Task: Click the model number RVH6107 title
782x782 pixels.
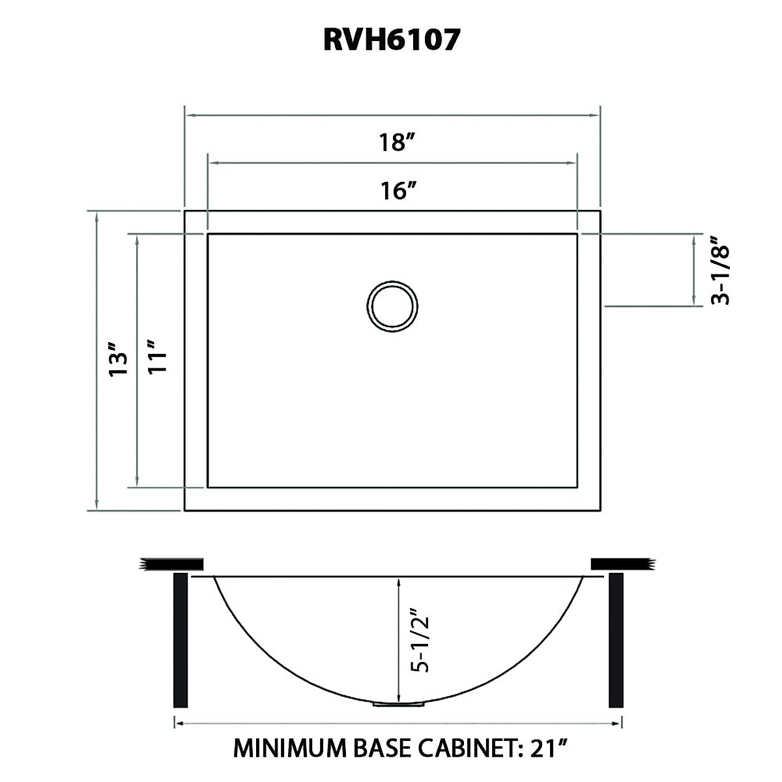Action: click(x=392, y=40)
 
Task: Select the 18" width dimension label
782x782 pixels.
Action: click(x=394, y=141)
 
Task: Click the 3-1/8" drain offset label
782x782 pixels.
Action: click(x=720, y=270)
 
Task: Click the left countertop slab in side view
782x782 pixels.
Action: click(x=172, y=564)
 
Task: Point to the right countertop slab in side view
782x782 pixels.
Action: click(x=620, y=564)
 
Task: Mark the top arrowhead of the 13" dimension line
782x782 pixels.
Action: click(x=97, y=216)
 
